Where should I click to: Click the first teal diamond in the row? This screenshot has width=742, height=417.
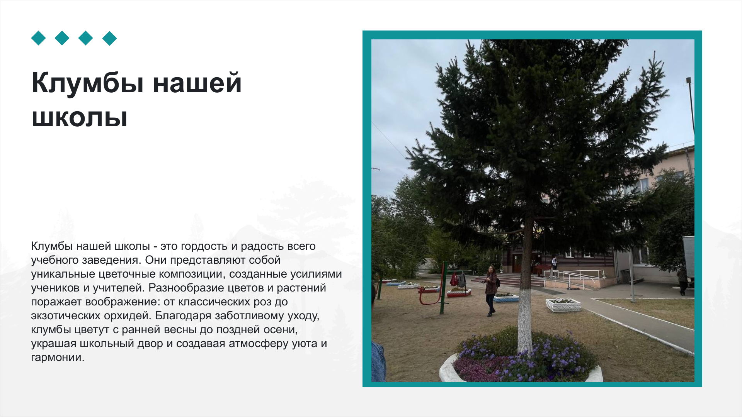coord(39,38)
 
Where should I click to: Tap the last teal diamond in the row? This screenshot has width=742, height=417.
coord(110,38)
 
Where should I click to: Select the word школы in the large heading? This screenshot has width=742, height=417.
coord(80,117)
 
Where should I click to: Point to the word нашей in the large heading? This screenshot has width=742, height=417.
coord(197,83)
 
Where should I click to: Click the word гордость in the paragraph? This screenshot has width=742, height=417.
coord(204,246)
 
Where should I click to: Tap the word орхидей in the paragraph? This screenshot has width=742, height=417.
coord(131,316)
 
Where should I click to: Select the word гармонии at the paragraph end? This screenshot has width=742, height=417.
coord(58,358)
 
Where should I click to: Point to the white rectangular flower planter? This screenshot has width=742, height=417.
coord(563,305)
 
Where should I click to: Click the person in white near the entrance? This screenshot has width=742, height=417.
coord(555,267)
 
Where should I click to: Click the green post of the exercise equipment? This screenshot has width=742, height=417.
coord(443,288)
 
